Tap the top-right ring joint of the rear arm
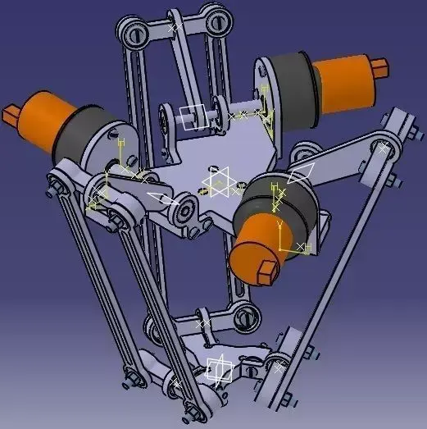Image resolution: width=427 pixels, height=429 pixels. pyautogui.click(x=214, y=17)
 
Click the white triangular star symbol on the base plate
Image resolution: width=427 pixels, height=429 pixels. pyautogui.click(x=219, y=182)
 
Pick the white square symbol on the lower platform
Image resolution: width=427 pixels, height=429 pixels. pyautogui.click(x=219, y=369)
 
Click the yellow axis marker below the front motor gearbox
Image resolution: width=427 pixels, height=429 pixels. pyautogui.click(x=284, y=238)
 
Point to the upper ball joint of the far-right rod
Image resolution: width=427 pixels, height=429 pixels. pyautogui.click(x=383, y=148)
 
